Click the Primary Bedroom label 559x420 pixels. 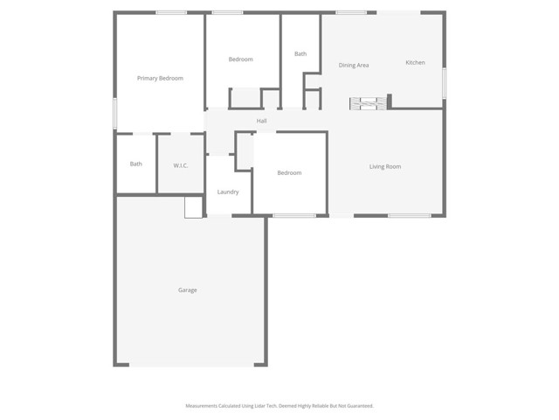point(160,79)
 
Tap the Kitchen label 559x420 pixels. point(415,63)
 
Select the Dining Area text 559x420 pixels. point(354,66)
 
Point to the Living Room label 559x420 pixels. point(384,166)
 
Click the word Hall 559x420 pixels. point(261,121)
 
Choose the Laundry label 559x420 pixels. point(228,192)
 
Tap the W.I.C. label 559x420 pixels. point(181,165)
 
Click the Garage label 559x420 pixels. point(188,290)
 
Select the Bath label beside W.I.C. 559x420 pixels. point(136,164)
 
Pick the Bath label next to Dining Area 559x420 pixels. point(300,54)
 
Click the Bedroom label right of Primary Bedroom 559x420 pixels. point(240,59)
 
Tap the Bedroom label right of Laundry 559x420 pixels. point(289,172)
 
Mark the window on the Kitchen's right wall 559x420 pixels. point(444,83)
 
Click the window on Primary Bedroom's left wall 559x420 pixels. point(115,114)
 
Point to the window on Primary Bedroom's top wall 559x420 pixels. point(171,12)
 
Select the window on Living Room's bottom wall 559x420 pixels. point(409,215)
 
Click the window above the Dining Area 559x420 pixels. point(351,12)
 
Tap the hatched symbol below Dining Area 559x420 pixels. point(368,103)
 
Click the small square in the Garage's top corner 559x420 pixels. point(193,207)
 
